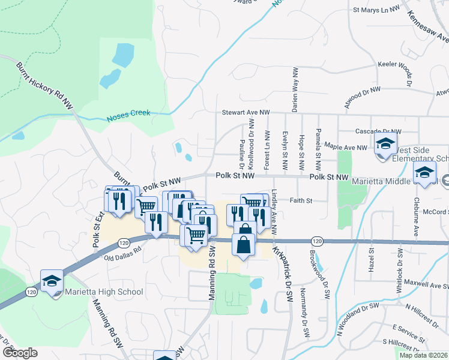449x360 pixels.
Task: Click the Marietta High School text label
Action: (x=105, y=292)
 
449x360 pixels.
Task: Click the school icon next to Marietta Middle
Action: (x=424, y=173)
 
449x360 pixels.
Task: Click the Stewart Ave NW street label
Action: (x=246, y=112)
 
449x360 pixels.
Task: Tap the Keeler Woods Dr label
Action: (x=400, y=64)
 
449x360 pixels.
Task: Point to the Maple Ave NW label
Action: (x=345, y=147)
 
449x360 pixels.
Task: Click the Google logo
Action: (x=20, y=353)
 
